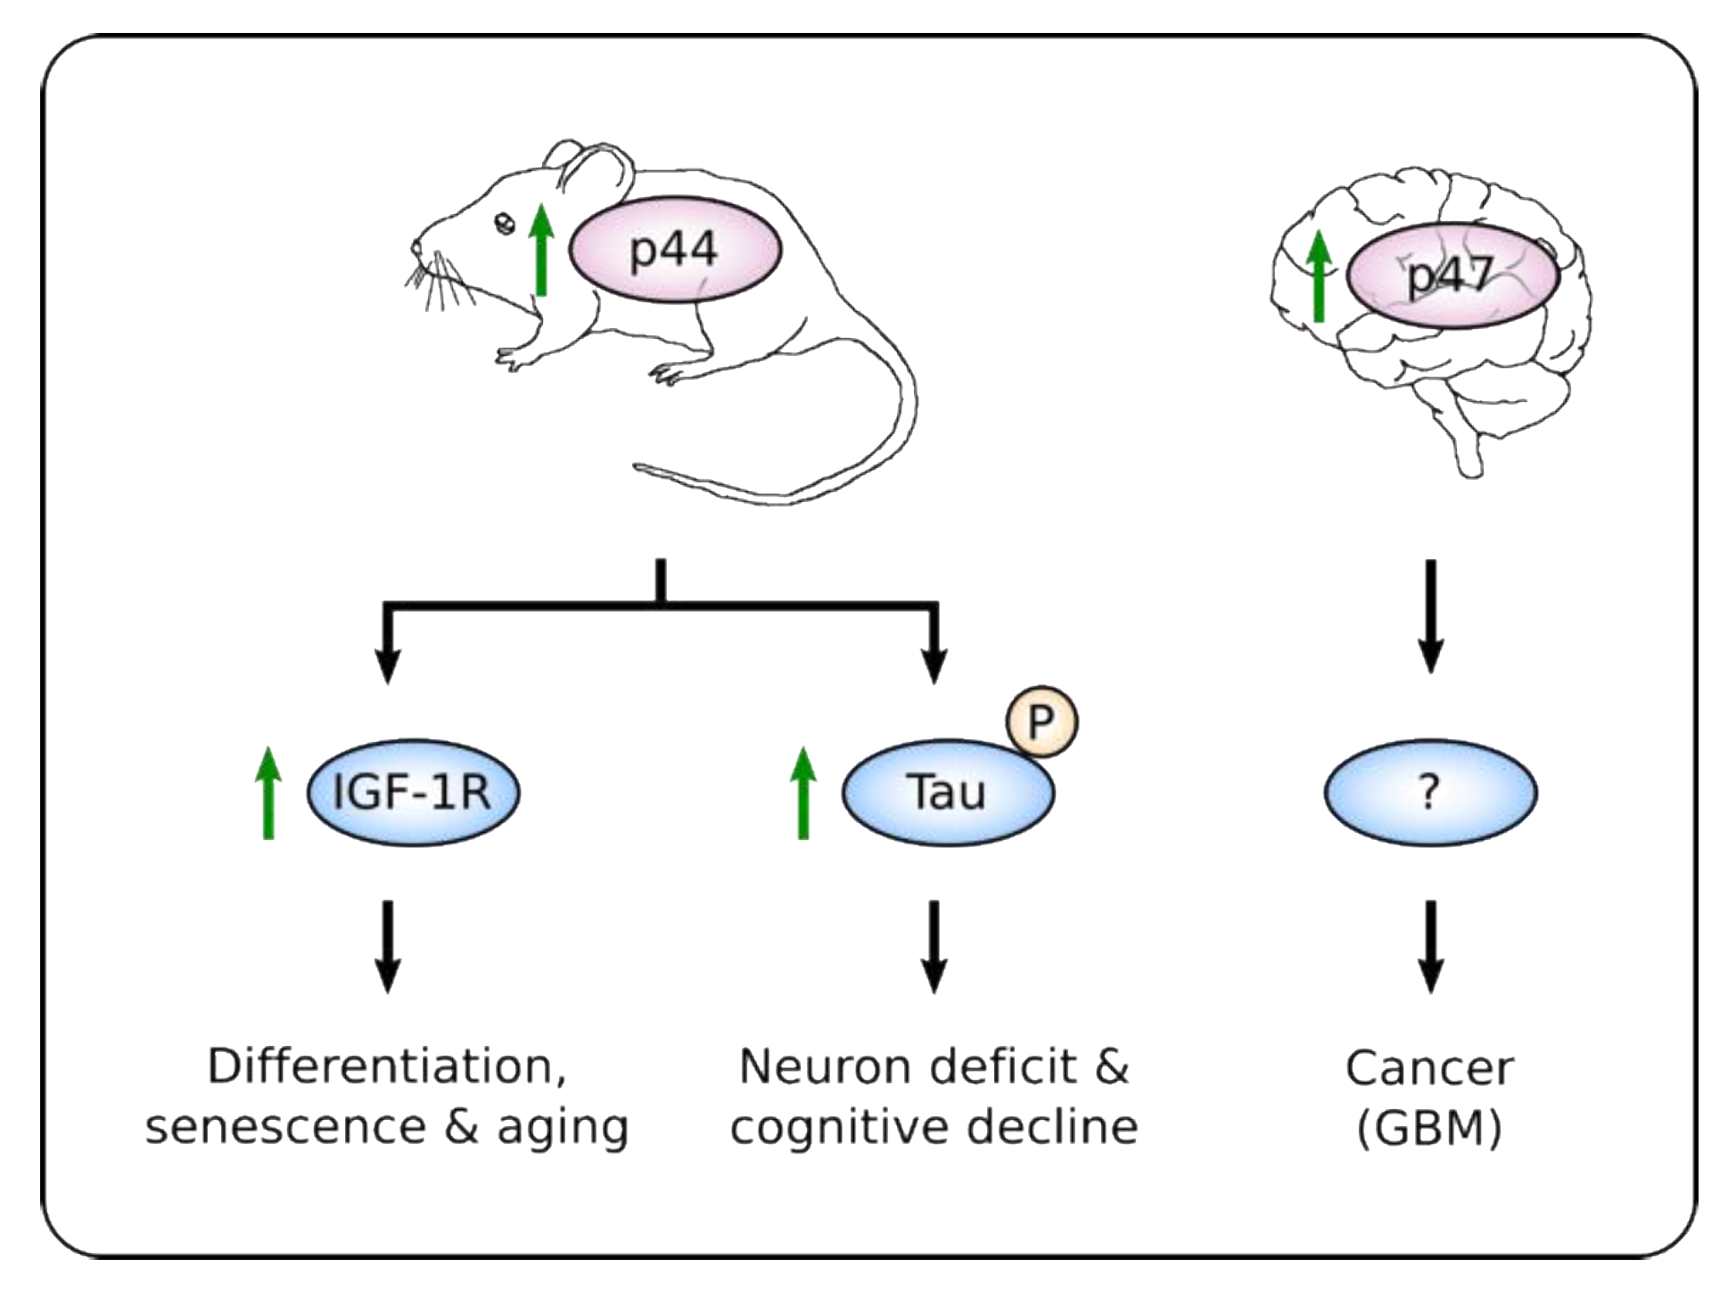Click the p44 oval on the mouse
tap(674, 249)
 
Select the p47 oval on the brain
tap(1452, 276)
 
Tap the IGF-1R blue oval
tap(413, 791)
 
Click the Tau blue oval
tap(947, 791)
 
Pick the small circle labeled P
tap(1041, 721)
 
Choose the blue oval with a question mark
tap(1429, 791)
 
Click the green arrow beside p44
tap(540, 250)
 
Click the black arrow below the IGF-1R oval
tap(387, 946)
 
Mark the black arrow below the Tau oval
tap(934, 946)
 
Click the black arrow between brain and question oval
tap(1430, 615)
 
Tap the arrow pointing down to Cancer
tap(1430, 946)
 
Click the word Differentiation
tap(385, 1066)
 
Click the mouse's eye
tap(505, 224)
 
